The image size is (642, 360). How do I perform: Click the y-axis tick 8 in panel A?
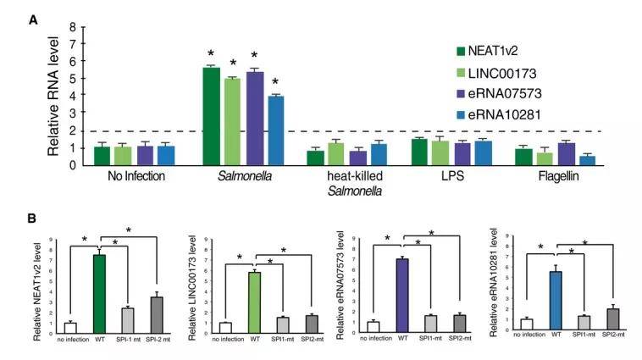click(73, 26)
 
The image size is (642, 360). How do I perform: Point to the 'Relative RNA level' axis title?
click(53, 95)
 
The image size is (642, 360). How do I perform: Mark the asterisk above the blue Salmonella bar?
click(275, 82)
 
